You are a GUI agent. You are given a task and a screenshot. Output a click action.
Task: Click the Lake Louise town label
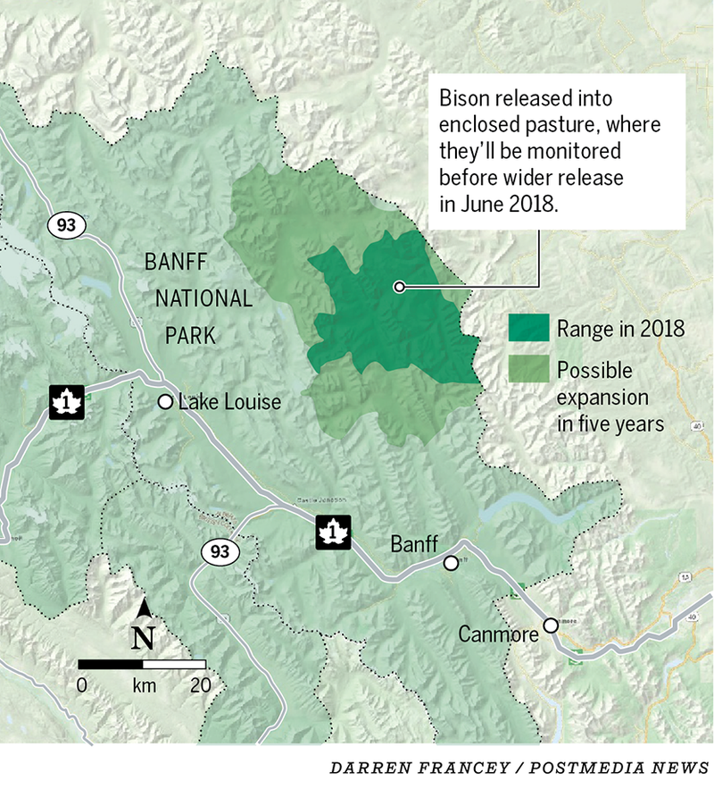229,402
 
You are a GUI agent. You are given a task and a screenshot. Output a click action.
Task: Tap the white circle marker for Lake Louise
165,402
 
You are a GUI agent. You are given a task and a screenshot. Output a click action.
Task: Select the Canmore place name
498,634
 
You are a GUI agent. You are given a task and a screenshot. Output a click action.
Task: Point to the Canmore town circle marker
552,625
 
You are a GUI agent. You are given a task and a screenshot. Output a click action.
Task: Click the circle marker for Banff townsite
452,562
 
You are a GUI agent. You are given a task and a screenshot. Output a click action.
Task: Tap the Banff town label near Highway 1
413,543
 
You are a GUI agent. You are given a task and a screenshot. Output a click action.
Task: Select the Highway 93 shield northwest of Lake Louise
66,224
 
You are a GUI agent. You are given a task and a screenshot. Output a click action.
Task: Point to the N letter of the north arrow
144,638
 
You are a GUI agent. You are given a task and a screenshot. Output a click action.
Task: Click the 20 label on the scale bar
201,686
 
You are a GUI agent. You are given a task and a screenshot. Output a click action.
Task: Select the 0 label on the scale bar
81,686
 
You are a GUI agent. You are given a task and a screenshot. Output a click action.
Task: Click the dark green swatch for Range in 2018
528,328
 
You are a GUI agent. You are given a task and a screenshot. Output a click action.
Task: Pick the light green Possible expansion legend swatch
528,370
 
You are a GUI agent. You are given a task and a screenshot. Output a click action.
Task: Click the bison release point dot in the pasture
399,287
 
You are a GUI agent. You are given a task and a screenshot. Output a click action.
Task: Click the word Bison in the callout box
467,96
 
